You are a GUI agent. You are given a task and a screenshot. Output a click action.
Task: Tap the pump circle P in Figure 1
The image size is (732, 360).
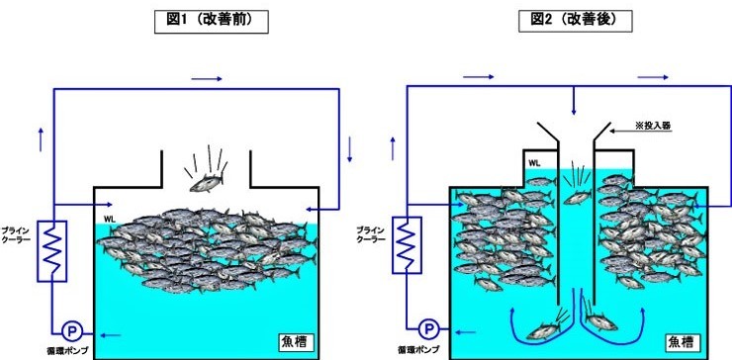coord(71,330)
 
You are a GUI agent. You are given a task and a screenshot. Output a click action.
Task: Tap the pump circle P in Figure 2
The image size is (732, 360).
coord(428,330)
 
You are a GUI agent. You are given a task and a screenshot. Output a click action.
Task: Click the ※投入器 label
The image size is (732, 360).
coord(653,126)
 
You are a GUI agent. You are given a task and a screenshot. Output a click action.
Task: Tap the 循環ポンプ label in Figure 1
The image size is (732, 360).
coord(71,351)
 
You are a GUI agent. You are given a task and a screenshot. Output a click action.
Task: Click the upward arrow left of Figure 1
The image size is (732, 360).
coord(41,138)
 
